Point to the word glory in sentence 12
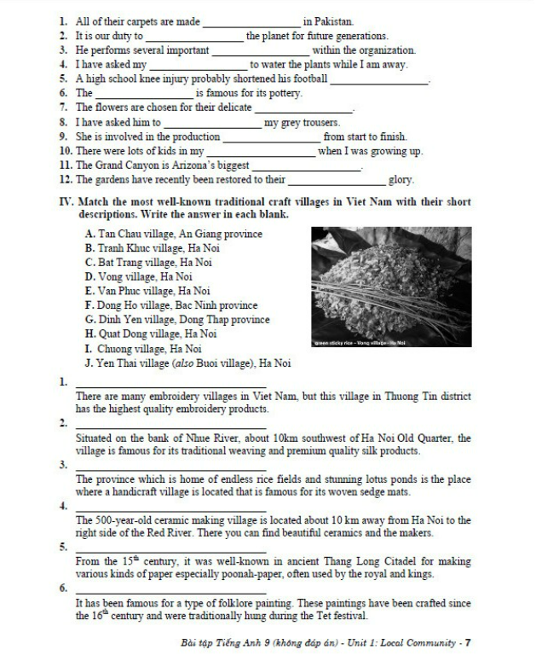tap(401, 180)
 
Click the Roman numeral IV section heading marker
tap(66, 202)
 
